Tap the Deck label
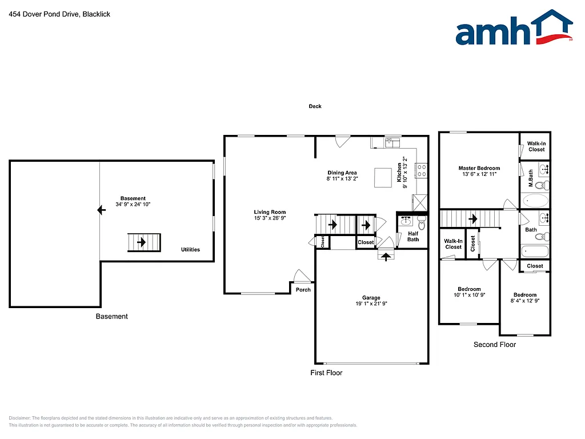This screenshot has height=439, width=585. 315,106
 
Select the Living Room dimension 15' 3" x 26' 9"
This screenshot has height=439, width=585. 270,218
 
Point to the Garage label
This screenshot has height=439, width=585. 371,298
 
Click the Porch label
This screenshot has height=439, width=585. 303,290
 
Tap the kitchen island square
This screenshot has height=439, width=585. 382,177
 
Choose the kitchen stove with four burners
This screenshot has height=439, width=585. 422,170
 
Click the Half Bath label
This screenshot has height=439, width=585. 412,236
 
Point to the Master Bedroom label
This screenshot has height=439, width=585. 479,168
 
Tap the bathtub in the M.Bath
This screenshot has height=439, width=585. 535,201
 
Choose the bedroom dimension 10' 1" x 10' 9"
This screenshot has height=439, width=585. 469,295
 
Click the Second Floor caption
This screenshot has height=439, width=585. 495,345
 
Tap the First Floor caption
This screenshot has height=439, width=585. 326,373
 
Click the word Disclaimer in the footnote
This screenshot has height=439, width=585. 21,418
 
